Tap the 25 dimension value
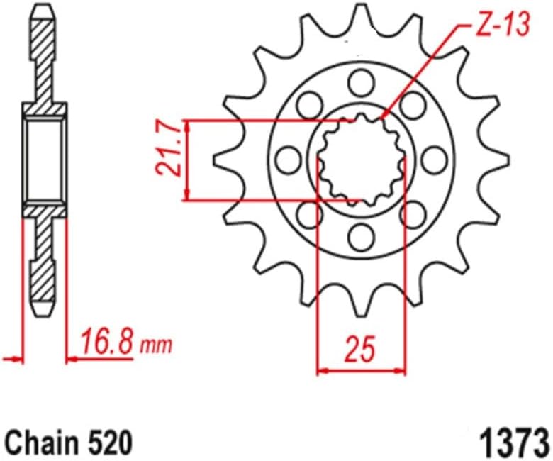[x=361, y=348]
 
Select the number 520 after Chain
[x=110, y=443]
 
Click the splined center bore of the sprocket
[x=360, y=160]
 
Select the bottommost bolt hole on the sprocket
[x=360, y=233]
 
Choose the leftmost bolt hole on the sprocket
[x=287, y=160]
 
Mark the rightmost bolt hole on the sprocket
[x=434, y=160]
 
